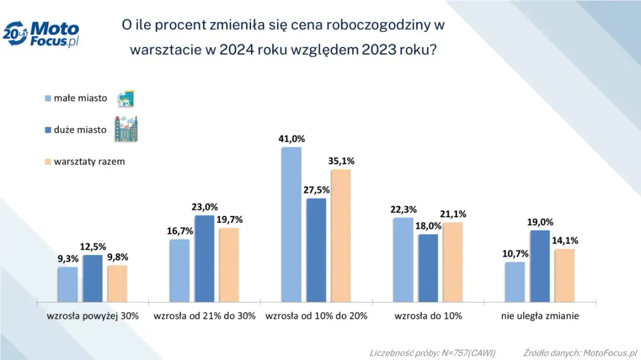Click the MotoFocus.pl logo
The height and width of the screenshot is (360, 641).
(x=42, y=34)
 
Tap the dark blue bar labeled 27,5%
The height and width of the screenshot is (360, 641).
(x=316, y=250)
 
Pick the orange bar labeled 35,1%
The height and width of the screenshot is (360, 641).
(x=341, y=235)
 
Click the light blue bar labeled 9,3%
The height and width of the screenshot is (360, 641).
(x=68, y=284)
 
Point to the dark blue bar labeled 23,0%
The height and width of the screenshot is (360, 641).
(x=205, y=259)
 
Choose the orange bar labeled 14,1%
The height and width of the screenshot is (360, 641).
(x=564, y=275)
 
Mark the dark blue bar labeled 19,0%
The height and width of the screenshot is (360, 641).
(x=540, y=266)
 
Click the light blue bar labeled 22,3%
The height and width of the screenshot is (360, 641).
(x=403, y=260)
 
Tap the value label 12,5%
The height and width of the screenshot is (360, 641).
(x=93, y=247)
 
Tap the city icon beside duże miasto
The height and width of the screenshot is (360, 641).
(x=126, y=128)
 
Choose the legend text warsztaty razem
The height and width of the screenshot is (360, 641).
(x=89, y=161)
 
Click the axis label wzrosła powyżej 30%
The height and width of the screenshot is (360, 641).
(x=93, y=316)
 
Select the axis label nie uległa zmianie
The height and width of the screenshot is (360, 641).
(x=539, y=316)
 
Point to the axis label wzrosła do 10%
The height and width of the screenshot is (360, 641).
(x=428, y=316)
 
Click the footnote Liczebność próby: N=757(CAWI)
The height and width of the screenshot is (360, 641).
(x=432, y=352)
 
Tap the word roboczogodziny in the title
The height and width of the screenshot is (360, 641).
(x=368, y=25)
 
